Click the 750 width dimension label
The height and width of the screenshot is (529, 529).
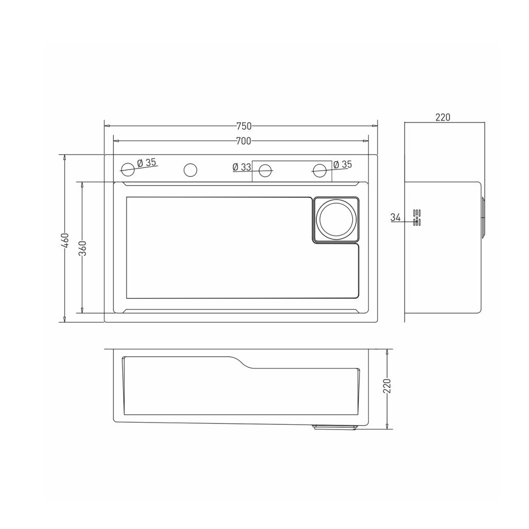(244, 126)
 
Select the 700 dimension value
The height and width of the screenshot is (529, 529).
(243, 141)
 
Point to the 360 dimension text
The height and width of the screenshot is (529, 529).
(83, 248)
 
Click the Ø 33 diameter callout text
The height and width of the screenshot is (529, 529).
(242, 167)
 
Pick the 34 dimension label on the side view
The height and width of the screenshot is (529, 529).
(395, 217)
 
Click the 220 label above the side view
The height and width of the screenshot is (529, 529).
(443, 117)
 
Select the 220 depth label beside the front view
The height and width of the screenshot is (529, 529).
(387, 385)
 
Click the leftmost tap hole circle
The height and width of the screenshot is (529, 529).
(128, 169)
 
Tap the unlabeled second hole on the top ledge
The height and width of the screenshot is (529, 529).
(190, 170)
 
